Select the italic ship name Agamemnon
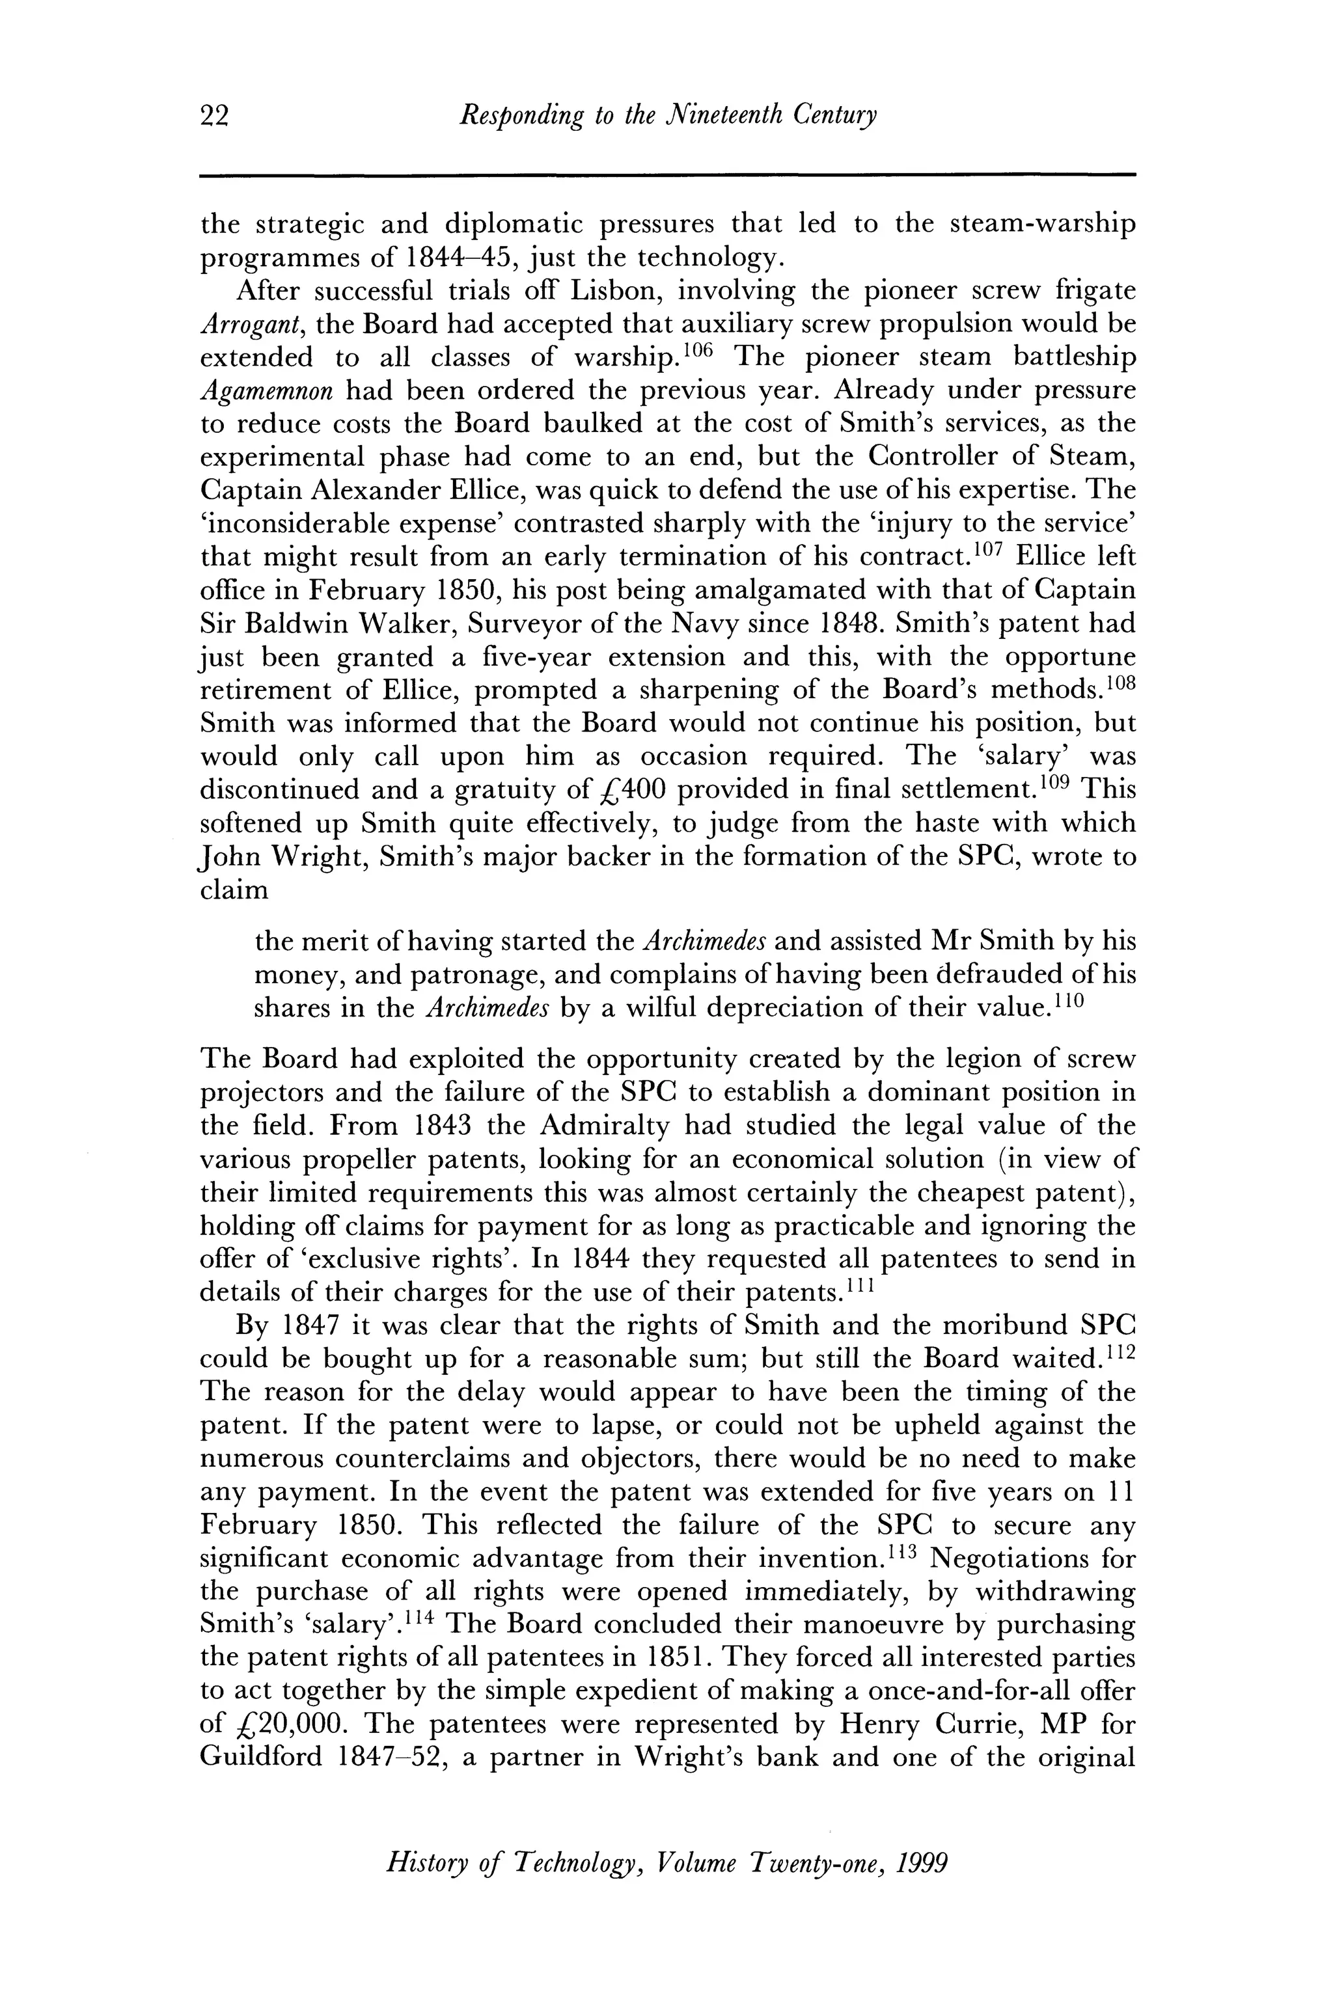click(x=267, y=392)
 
